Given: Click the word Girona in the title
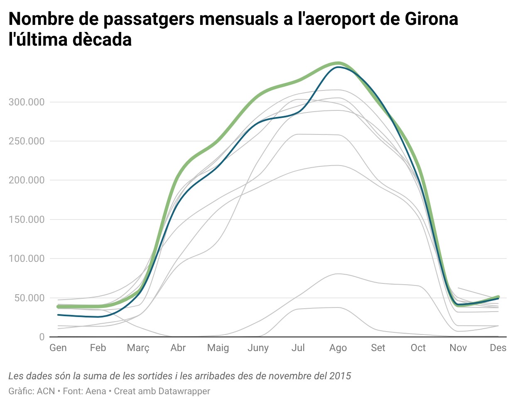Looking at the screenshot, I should click(431, 19).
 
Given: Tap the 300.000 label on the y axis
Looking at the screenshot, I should click(27, 102).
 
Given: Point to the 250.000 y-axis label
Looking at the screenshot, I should click(27, 141).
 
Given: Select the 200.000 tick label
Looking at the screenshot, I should click(27, 180).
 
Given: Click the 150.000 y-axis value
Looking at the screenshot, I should click(27, 220).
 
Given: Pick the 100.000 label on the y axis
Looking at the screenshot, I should click(27, 259).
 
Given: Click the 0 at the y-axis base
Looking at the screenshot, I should click(42, 337).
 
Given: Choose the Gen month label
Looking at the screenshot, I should click(58, 348).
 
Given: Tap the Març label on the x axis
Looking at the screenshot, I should click(138, 348).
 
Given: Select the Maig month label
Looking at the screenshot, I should click(218, 348).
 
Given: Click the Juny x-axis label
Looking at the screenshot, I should click(258, 348).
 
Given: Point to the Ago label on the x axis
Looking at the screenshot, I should click(338, 348).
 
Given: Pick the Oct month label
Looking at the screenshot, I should click(418, 348).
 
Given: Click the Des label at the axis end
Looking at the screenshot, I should click(498, 348).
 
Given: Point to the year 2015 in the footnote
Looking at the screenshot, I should click(340, 376).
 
